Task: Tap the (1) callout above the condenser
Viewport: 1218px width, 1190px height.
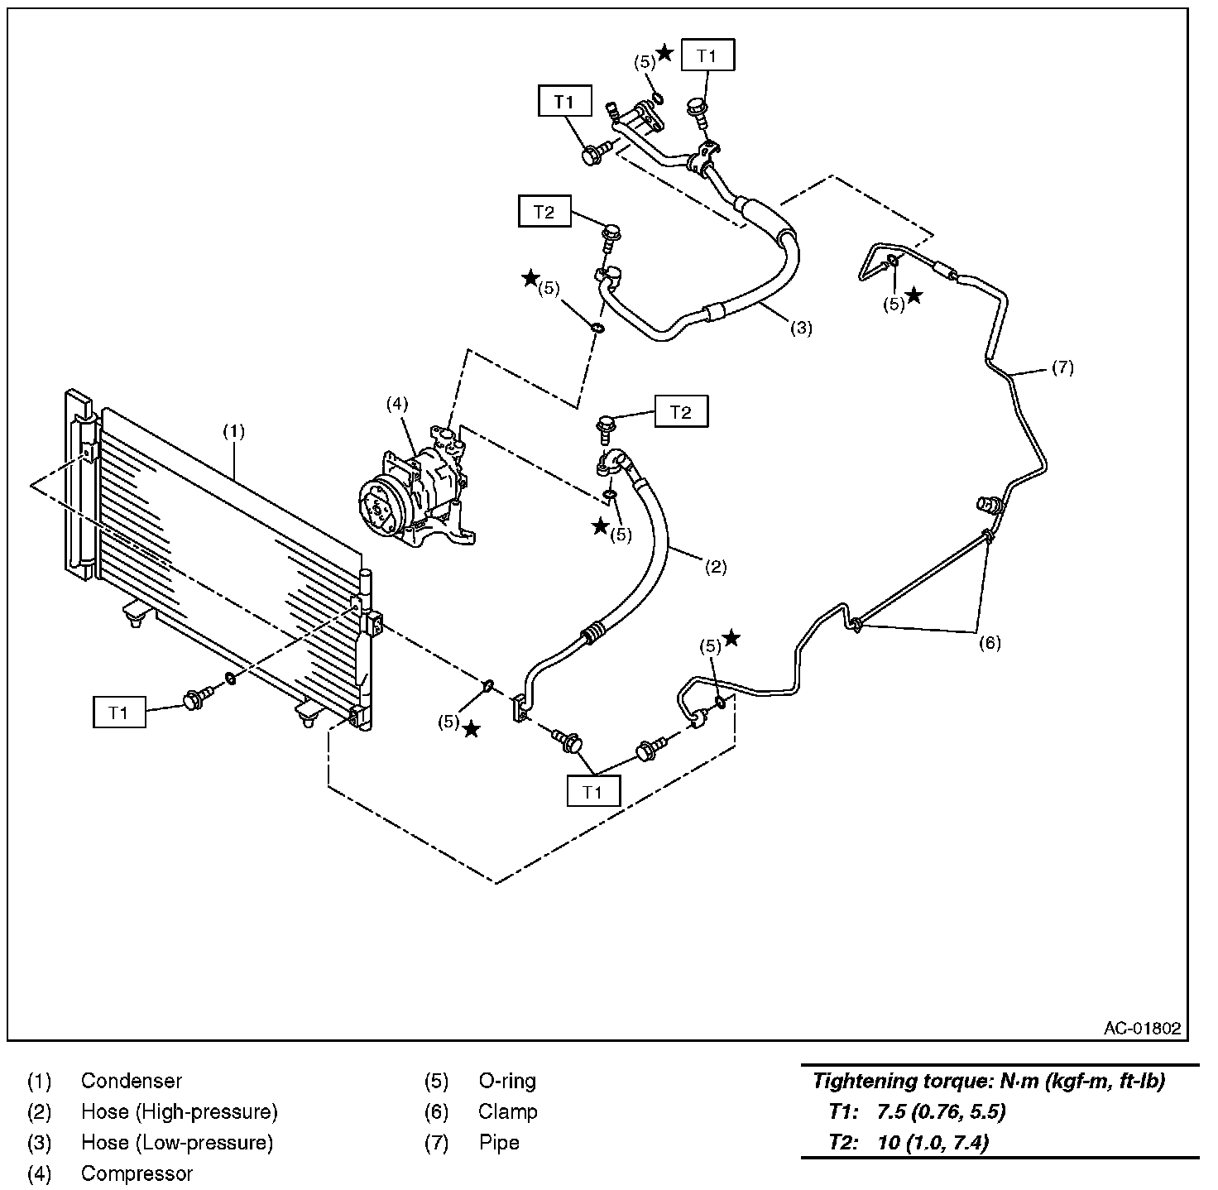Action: click(234, 431)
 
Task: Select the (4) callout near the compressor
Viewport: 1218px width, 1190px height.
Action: click(397, 404)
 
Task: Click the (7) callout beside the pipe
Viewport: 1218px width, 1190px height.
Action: click(1062, 367)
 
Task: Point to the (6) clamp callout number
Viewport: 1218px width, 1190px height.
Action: click(990, 643)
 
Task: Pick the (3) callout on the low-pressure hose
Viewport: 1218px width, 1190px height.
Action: click(801, 328)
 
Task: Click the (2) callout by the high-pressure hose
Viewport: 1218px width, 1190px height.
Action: click(716, 567)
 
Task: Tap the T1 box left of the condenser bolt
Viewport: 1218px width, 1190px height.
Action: click(119, 712)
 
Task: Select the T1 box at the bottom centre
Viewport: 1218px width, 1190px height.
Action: click(592, 792)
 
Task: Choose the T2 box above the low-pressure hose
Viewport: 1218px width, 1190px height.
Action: click(544, 212)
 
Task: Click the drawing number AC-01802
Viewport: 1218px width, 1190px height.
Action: click(1142, 1029)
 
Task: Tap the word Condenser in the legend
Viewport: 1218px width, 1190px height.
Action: click(131, 1081)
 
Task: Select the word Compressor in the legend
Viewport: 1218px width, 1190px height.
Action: click(137, 1173)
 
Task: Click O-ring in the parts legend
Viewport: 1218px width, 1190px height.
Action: click(506, 1081)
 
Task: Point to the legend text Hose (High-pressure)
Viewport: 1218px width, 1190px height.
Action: click(179, 1111)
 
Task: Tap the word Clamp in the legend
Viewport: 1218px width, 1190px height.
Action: click(507, 1111)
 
